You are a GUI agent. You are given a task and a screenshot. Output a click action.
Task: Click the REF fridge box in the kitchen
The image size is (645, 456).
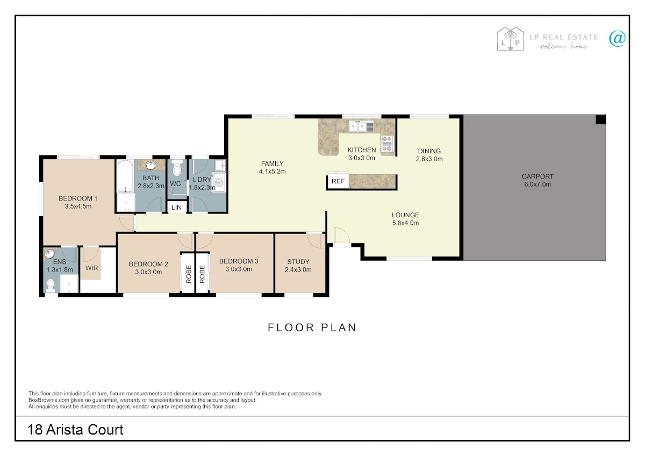pyautogui.click(x=338, y=181)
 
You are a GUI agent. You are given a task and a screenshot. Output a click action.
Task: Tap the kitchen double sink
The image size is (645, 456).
pyautogui.click(x=361, y=126)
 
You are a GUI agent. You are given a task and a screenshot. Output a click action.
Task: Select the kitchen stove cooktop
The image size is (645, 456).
pyautogui.click(x=387, y=144)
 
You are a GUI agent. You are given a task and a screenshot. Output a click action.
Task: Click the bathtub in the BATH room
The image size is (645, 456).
pyautogui.click(x=125, y=176)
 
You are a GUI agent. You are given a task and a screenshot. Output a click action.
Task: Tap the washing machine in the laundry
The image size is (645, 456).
pyautogui.click(x=219, y=182)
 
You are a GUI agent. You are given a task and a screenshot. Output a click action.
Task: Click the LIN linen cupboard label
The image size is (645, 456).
pyautogui.click(x=176, y=208)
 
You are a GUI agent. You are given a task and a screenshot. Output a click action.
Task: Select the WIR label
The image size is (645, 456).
pyautogui.click(x=91, y=268)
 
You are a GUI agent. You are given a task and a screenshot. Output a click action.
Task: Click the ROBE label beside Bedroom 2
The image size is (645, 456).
pyautogui.click(x=189, y=274)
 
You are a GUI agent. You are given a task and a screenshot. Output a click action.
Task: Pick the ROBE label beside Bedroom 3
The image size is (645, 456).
pyautogui.click(x=202, y=274)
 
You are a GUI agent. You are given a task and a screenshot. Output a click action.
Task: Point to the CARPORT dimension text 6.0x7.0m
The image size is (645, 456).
pyautogui.click(x=537, y=184)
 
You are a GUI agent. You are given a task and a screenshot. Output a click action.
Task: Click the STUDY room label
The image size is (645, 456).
pyautogui.click(x=298, y=262)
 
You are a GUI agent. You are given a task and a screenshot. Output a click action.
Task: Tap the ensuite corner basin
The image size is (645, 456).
pyautogui.click(x=49, y=254)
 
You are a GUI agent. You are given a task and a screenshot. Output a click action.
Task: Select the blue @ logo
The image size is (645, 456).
pyautogui.click(x=617, y=39)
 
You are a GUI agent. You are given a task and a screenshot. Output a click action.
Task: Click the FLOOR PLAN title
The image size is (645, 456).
pyautogui.click(x=312, y=327)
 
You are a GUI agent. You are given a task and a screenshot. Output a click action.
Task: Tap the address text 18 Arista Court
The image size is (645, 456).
pyautogui.click(x=75, y=430)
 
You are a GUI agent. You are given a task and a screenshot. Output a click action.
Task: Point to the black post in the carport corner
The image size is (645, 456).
pyautogui.click(x=601, y=119)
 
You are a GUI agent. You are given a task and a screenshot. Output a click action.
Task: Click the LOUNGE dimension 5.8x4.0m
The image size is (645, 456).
pyautogui.click(x=405, y=223)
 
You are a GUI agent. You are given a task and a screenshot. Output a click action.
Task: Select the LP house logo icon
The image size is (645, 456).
pyautogui.click(x=510, y=39)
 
